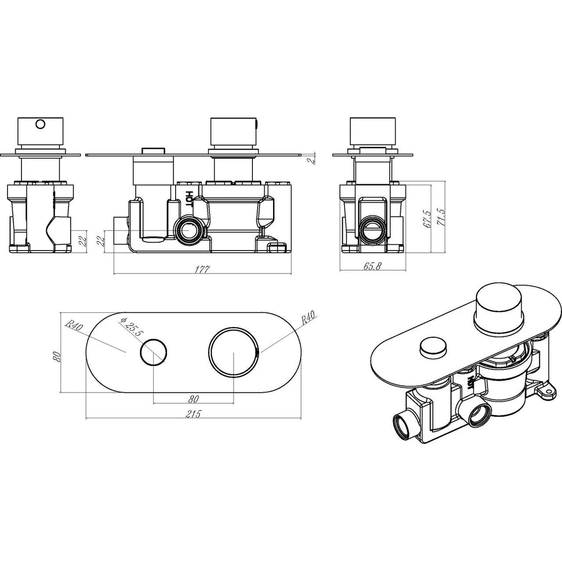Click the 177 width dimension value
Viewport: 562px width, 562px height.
coord(203,269)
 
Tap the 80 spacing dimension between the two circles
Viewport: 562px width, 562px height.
coord(193,399)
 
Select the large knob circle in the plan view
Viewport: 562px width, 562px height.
coord(234,351)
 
